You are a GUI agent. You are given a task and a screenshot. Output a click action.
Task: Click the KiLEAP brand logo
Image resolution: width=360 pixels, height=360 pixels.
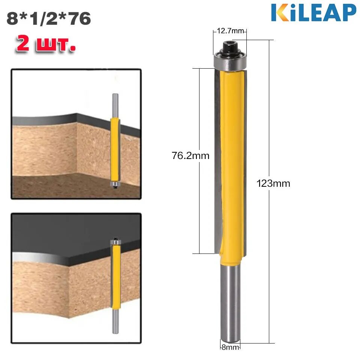[x=313, y=13]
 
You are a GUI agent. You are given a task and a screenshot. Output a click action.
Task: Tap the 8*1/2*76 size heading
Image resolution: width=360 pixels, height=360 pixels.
[x=49, y=19]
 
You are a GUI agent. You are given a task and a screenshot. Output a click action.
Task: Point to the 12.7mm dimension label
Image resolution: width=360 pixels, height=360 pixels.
[x=230, y=31]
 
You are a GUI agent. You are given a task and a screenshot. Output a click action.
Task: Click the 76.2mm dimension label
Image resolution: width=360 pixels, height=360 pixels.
[x=190, y=156]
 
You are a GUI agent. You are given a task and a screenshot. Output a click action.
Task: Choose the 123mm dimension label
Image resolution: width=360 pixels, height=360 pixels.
[x=273, y=183]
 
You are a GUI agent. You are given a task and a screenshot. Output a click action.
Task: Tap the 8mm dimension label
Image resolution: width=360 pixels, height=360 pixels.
[x=230, y=347]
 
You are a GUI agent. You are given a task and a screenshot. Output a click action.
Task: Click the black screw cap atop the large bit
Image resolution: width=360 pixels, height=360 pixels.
[x=230, y=48]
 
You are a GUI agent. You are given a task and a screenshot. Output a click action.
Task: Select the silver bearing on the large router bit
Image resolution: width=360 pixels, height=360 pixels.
[x=230, y=61]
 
